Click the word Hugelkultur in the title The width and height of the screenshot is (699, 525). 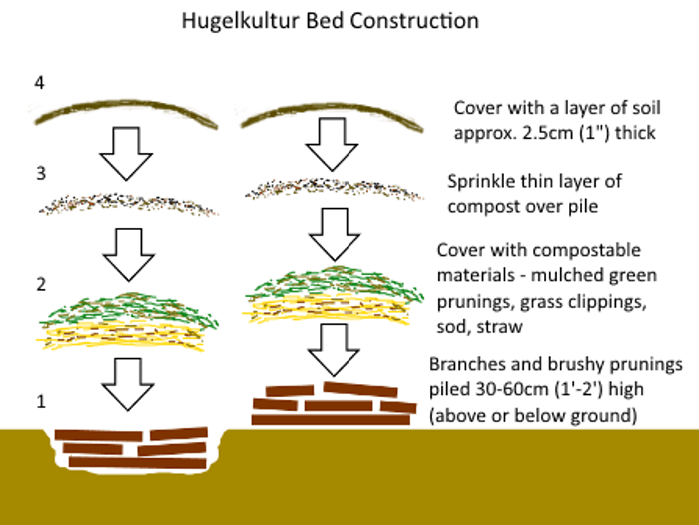[240, 21]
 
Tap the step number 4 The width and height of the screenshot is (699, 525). [39, 83]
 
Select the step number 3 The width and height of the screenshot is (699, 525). [41, 173]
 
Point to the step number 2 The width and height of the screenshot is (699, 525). [41, 284]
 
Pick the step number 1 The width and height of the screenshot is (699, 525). [41, 401]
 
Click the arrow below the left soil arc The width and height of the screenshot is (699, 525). [126, 154]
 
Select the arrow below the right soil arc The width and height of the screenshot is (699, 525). [332, 144]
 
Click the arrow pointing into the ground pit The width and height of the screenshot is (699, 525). [128, 384]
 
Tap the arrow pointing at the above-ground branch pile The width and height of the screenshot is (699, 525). [334, 350]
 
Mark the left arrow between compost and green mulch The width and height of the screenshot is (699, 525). [129, 255]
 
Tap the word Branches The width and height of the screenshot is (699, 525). [467, 364]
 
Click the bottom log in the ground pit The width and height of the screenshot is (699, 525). [138, 462]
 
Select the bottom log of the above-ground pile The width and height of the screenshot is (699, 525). [331, 419]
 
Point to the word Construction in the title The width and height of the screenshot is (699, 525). [414, 21]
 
